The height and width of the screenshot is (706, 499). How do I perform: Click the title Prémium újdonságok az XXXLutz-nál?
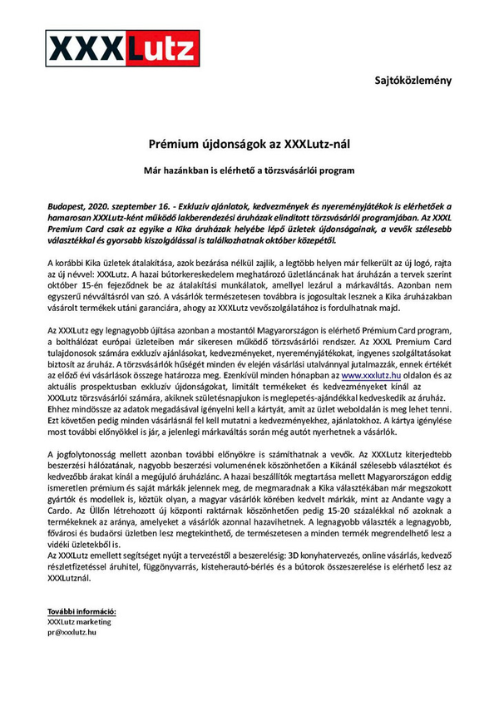tap(249, 144)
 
